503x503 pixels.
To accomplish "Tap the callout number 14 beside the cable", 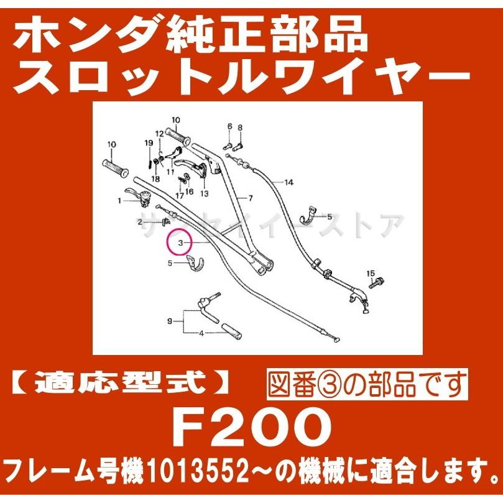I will [x=288, y=183].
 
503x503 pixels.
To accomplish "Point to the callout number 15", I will [x=371, y=274].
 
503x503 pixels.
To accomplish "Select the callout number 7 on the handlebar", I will [x=251, y=198].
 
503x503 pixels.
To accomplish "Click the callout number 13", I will [x=204, y=193].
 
